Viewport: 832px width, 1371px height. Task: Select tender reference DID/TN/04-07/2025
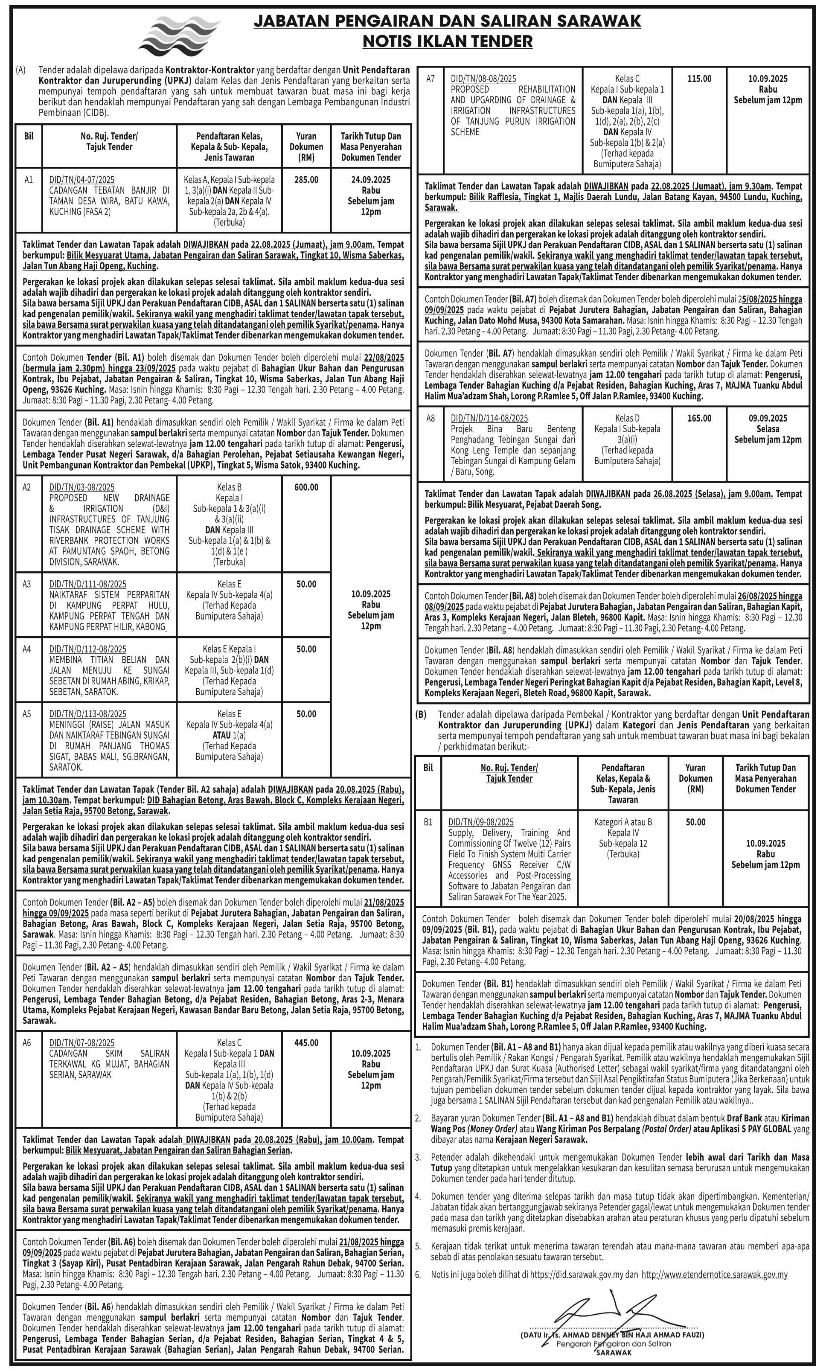click(82, 180)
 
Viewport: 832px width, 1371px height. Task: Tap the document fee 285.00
click(306, 180)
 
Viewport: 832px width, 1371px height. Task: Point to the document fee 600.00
click(306, 487)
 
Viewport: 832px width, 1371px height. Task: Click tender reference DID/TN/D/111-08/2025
click(88, 584)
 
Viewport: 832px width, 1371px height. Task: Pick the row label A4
click(27, 649)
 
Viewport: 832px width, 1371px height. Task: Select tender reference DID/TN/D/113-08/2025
click(88, 714)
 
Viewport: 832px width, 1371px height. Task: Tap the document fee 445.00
click(306, 1043)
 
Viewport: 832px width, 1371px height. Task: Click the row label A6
click(27, 1043)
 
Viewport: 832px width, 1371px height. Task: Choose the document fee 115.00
click(699, 79)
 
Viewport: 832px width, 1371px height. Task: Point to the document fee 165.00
click(699, 419)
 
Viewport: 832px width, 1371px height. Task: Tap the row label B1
click(428, 822)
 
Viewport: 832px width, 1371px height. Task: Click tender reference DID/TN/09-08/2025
click(482, 822)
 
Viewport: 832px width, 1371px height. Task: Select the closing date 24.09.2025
click(371, 180)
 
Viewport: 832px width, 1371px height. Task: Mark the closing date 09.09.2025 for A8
click(768, 419)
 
